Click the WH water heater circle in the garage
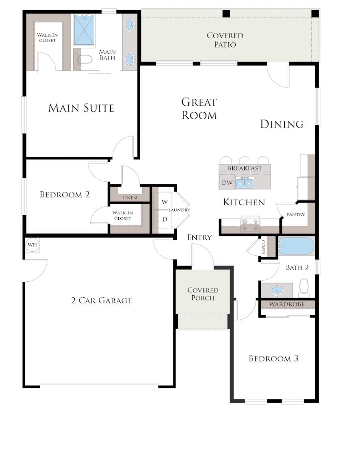tap(33, 245)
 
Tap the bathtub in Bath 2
tap(296, 246)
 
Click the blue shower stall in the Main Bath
tap(84, 29)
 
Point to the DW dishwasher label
tap(227, 183)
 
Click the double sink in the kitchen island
tap(245, 183)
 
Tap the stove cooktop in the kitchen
tap(250, 224)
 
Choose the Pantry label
tap(296, 214)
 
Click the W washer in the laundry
tap(165, 202)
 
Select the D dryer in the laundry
tap(165, 219)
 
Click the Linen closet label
tap(130, 198)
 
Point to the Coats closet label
tap(263, 247)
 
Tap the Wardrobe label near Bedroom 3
tap(287, 304)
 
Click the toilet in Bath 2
tap(304, 287)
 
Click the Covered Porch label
tap(203, 294)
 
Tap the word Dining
tap(282, 124)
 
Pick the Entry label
tap(200, 237)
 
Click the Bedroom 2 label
tap(65, 194)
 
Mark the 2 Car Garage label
tap(101, 301)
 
